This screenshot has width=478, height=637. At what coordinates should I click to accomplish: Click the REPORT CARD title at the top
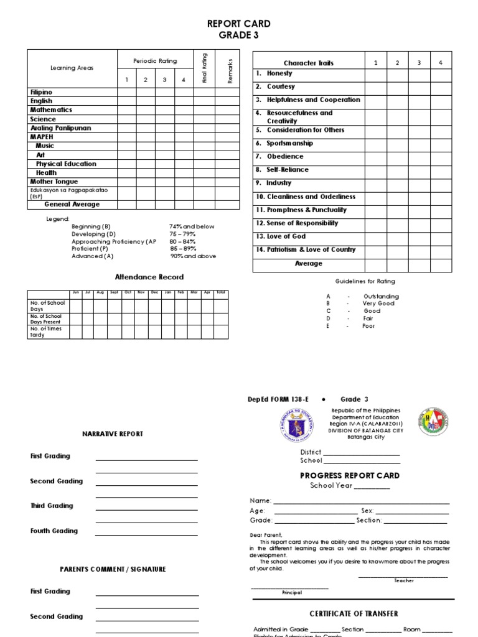tap(238, 24)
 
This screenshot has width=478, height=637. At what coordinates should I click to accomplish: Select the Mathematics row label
tap(51, 109)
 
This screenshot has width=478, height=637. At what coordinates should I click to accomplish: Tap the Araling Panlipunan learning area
tap(60, 128)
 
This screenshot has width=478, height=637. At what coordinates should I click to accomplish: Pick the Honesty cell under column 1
tap(375, 75)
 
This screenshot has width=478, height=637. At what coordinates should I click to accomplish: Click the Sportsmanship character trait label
tap(289, 143)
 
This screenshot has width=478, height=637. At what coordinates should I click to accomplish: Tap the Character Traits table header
tap(308, 63)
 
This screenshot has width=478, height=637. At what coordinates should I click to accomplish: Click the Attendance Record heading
tap(149, 277)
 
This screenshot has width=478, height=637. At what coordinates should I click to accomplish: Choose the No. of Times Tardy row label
tap(46, 332)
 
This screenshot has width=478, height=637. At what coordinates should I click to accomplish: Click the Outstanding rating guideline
tap(381, 296)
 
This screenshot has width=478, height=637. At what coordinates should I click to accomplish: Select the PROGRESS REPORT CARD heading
tap(350, 475)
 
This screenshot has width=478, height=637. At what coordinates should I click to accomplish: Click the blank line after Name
tap(361, 501)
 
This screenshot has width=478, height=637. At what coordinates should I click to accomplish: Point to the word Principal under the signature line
tap(291, 593)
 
